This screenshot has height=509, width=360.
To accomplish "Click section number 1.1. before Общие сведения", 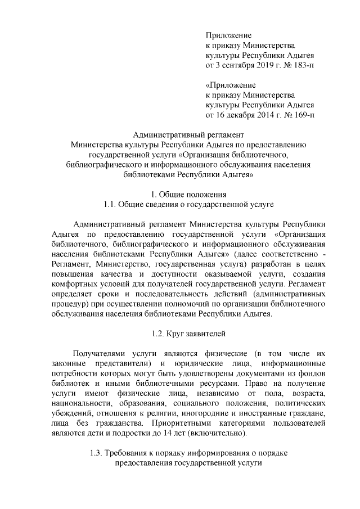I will click(107, 204).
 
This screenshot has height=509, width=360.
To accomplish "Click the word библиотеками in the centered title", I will click(148, 175).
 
